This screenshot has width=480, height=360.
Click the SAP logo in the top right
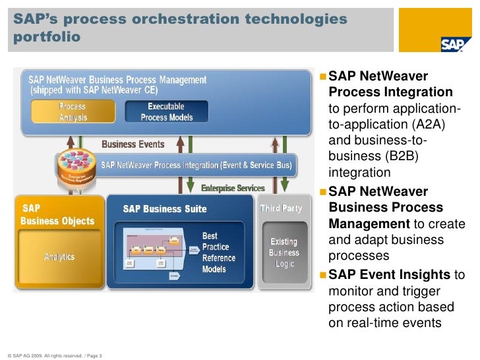456,44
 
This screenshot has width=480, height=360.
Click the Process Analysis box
72,111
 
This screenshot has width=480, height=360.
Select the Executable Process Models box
166,111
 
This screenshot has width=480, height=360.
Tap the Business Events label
133,144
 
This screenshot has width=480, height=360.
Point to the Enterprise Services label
233,188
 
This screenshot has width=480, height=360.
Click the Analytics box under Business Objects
59,256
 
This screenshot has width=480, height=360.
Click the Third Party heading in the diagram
281,208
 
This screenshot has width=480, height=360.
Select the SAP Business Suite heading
165,209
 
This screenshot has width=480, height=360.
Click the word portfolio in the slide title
45,37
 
